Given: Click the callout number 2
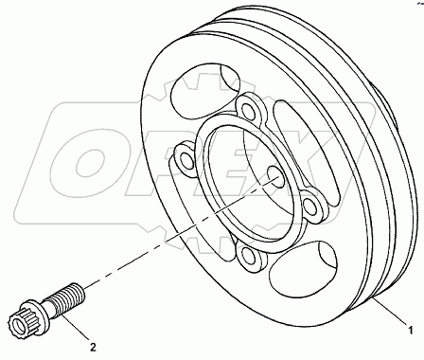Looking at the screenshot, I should (x=92, y=333).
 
